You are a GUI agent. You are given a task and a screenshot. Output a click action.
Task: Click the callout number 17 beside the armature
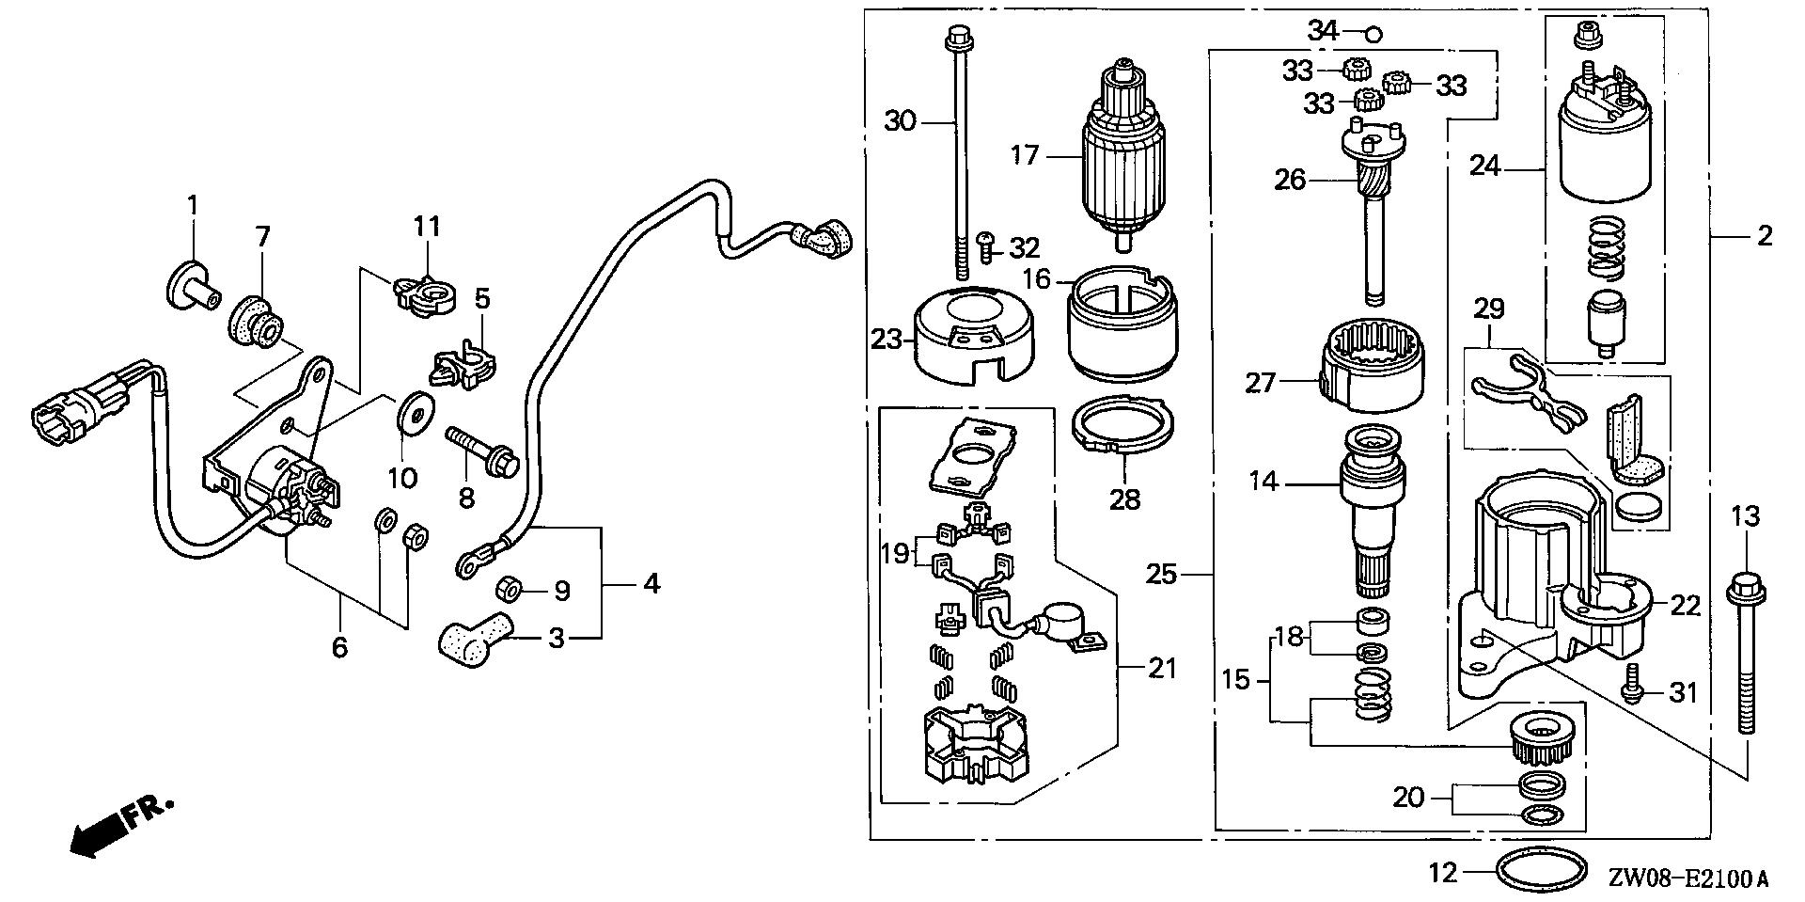pos(1026,154)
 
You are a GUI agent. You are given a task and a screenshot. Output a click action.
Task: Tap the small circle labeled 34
pos(1373,35)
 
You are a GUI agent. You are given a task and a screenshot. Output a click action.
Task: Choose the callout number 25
pos(1162,573)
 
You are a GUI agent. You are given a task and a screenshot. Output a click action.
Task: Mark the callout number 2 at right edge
pos(1764,235)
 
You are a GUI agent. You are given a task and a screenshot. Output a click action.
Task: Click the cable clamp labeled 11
pos(425,293)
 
